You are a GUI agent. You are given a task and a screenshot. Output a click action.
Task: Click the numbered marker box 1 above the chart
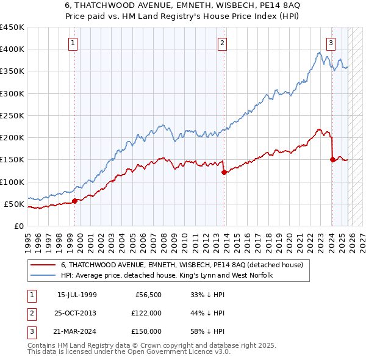click(73, 43)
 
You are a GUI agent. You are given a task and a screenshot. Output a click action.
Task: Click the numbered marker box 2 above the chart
click(222, 43)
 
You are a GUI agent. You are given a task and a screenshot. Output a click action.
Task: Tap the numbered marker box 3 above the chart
click(331, 43)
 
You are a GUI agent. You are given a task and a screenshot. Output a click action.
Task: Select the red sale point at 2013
click(224, 172)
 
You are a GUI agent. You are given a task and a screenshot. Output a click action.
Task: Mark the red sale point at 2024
click(332, 160)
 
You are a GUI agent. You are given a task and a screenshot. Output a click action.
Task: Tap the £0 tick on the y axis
click(18, 226)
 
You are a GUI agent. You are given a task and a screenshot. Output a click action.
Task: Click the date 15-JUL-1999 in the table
click(77, 295)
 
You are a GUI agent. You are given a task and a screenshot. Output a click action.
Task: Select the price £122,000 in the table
click(146, 313)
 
